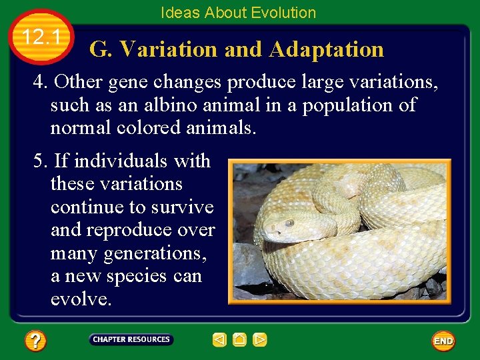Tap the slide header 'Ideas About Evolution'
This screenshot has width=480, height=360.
[238, 13]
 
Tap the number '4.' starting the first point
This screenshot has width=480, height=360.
[41, 82]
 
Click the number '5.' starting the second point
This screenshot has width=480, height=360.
[41, 161]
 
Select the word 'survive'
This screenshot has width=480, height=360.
[182, 207]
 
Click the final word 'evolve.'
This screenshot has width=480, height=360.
[81, 299]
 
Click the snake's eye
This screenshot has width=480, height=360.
[289, 223]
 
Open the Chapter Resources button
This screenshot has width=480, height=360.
[131, 340]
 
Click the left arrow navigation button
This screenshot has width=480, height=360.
[219, 340]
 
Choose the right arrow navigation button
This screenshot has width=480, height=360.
[260, 340]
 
